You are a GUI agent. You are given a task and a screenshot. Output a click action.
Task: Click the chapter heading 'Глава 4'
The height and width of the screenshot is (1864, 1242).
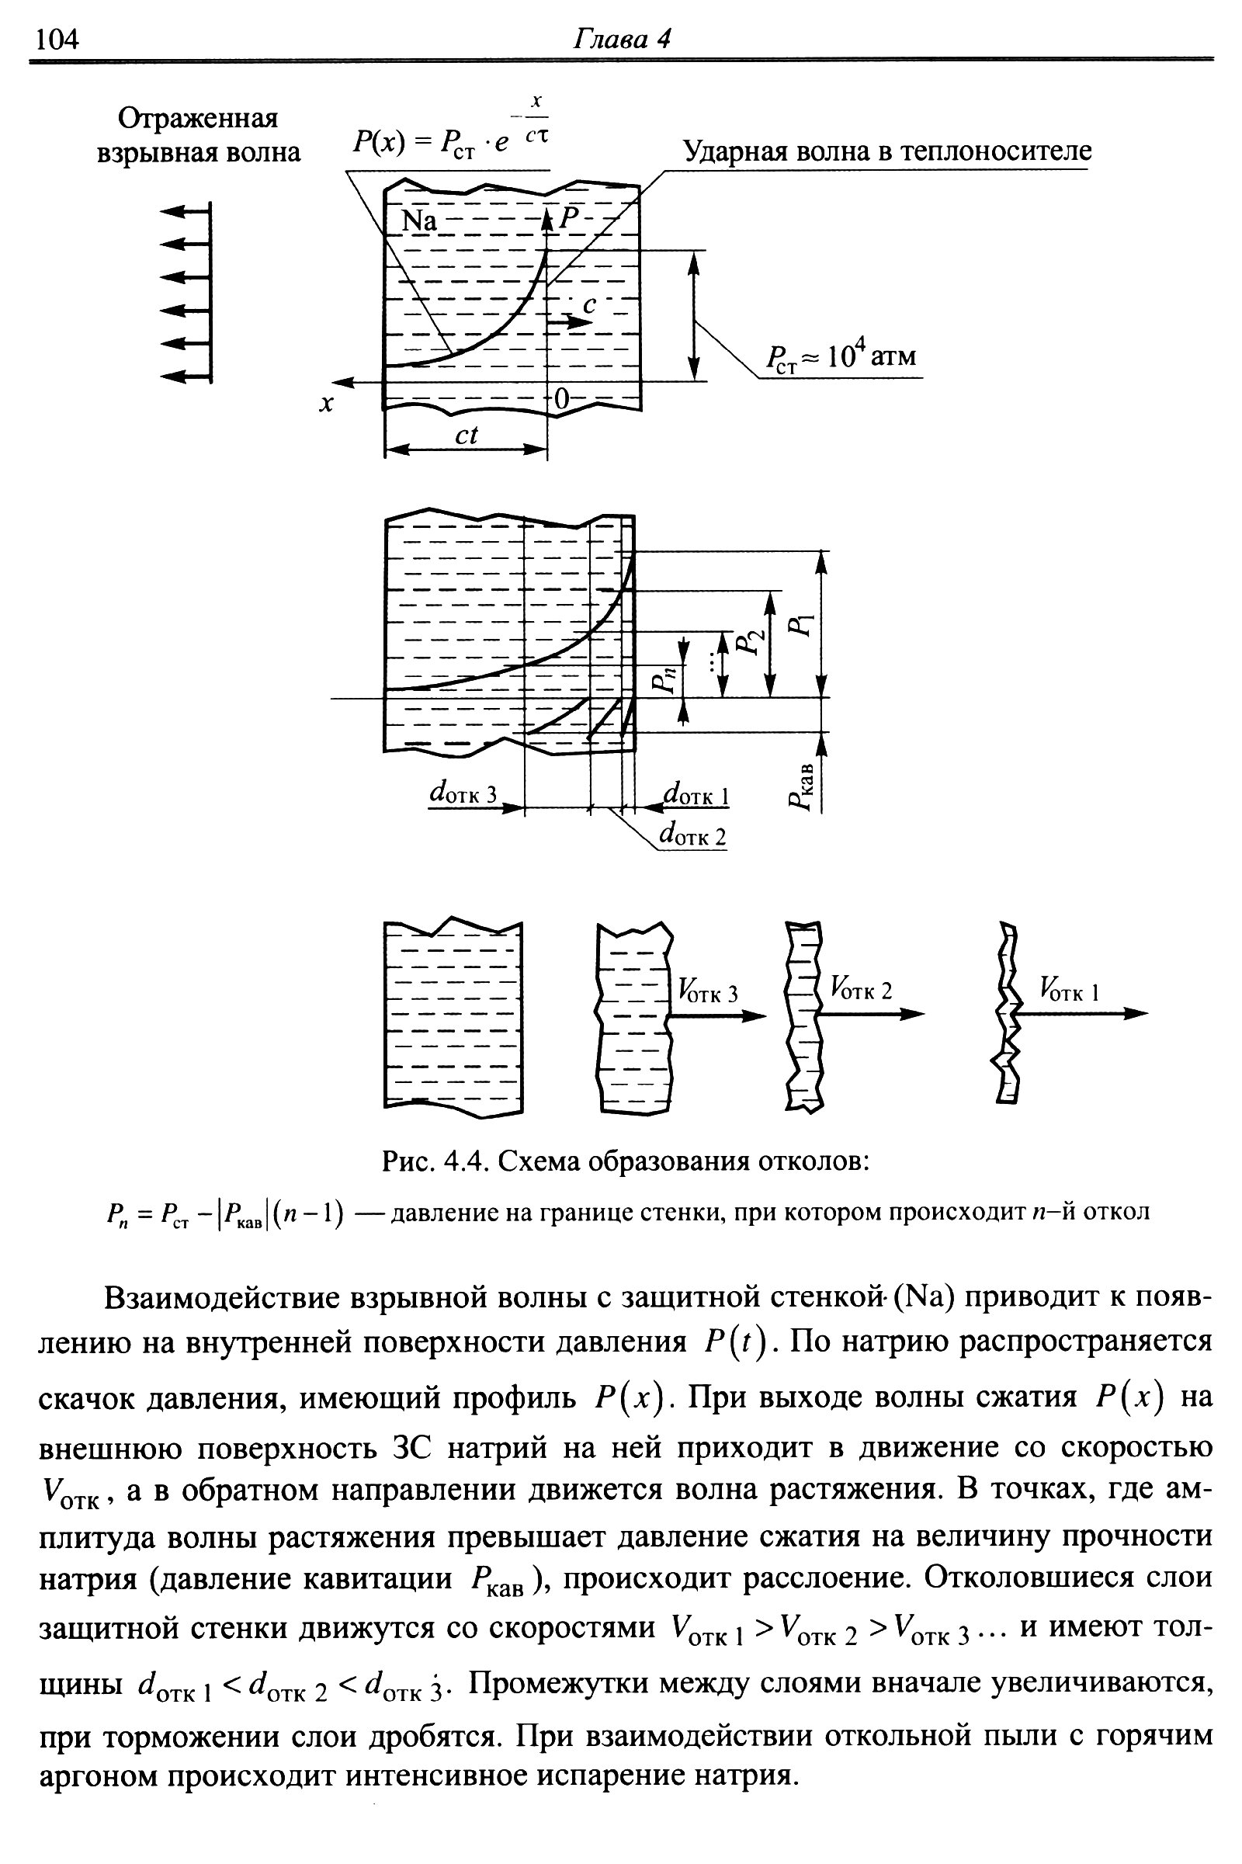click(x=621, y=39)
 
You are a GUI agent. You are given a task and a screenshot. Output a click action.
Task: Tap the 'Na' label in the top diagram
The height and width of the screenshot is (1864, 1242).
click(x=419, y=221)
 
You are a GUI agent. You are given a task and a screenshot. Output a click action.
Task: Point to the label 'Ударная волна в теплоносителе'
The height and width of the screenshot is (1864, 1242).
click(x=886, y=151)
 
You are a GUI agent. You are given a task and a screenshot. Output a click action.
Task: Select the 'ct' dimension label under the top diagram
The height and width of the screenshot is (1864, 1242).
click(x=467, y=435)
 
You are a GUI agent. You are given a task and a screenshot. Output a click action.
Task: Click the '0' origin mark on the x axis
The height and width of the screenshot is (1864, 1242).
click(x=560, y=400)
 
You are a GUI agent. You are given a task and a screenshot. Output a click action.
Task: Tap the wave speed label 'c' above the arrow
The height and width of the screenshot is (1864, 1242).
click(x=588, y=304)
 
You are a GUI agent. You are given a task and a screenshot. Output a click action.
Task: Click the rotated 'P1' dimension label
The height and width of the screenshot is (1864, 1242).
click(x=801, y=625)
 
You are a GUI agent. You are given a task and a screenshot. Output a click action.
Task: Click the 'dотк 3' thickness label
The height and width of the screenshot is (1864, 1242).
click(x=463, y=793)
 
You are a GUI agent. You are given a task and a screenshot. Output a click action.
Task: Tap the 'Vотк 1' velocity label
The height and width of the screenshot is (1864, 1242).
click(x=1070, y=989)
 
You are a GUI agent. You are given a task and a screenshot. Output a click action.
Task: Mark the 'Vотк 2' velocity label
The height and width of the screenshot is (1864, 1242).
click(x=861, y=989)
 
